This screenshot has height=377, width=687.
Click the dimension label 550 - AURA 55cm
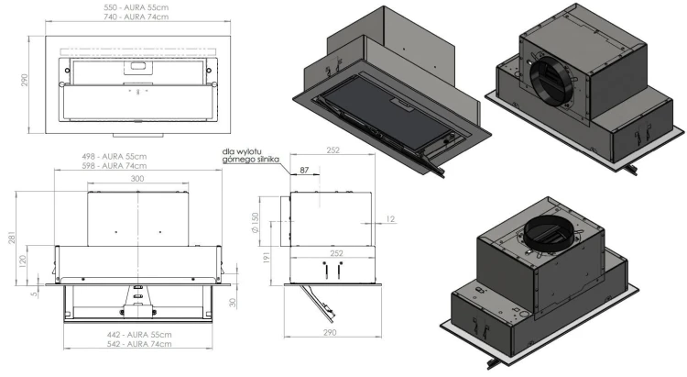(x=136, y=7)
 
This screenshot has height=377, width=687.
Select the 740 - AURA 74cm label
(x=136, y=17)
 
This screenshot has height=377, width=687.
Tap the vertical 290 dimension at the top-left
(x=25, y=80)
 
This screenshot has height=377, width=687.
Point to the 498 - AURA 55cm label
(x=114, y=156)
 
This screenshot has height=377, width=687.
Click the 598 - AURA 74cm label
(x=114, y=165)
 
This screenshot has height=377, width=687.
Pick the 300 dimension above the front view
(x=137, y=179)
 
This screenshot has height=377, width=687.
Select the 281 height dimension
(x=12, y=238)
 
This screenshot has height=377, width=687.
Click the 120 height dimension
(x=23, y=261)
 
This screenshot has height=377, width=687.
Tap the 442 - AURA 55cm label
(x=139, y=335)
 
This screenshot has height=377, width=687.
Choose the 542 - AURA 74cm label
(x=139, y=344)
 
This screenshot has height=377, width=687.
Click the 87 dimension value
(x=304, y=171)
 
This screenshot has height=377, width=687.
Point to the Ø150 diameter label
(x=256, y=223)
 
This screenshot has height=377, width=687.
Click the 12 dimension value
(x=390, y=219)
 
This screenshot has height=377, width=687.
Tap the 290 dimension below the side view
(x=330, y=332)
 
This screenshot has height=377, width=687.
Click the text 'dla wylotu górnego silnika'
(x=250, y=156)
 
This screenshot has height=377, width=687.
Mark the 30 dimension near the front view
(x=233, y=303)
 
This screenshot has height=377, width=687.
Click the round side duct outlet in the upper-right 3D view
(x=552, y=81)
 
